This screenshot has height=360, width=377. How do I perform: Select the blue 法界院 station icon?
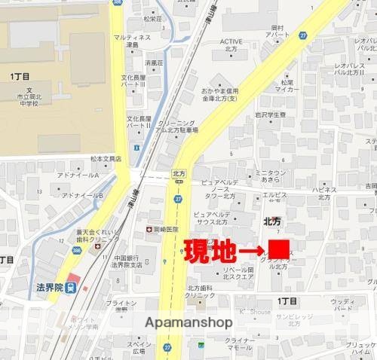[x=70, y=286]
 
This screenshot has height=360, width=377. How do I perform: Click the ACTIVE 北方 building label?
[x=231, y=46]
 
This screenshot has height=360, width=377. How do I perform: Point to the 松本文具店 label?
[x=106, y=159]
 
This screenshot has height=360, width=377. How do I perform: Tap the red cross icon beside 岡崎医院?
[x=149, y=228]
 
